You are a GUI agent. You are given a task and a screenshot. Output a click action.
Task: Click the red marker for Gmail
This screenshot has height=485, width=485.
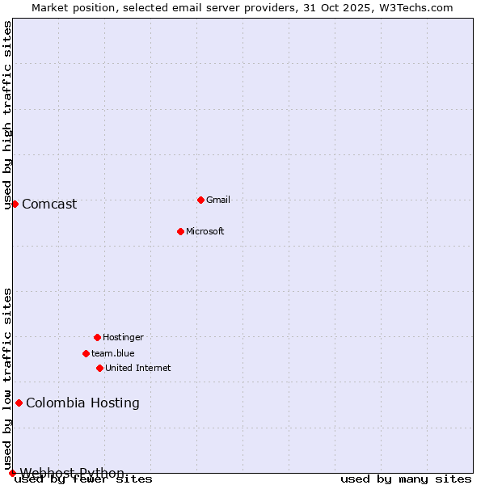(x=200, y=200)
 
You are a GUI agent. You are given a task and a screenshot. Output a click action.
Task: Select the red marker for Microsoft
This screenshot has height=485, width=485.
(x=180, y=231)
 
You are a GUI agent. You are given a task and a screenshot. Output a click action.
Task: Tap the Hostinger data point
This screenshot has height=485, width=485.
(x=97, y=337)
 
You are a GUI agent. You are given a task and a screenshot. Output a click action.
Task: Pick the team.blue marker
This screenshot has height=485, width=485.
(x=86, y=353)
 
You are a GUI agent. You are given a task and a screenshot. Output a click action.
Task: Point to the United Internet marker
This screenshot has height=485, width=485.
(x=99, y=368)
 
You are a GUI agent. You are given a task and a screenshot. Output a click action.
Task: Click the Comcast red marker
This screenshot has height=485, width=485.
(x=15, y=204)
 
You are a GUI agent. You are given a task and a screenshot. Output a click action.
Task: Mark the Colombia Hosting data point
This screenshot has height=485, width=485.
(x=19, y=403)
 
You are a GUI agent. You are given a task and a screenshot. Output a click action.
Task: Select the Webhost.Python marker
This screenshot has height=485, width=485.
(x=12, y=473)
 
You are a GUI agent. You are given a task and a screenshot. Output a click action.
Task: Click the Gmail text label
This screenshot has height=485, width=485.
(x=218, y=200)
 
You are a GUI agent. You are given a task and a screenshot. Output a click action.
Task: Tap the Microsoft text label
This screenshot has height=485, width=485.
(x=205, y=231)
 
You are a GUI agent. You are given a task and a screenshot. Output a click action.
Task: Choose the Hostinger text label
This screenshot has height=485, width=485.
(x=123, y=337)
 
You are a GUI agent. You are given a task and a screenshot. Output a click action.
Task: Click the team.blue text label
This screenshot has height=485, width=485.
(x=113, y=353)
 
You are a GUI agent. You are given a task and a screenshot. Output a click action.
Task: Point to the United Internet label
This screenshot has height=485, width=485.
(x=138, y=368)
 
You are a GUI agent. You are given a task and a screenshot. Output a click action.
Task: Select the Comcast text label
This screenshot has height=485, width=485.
(x=49, y=204)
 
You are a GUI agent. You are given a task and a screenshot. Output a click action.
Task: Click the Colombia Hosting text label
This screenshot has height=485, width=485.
(x=82, y=403)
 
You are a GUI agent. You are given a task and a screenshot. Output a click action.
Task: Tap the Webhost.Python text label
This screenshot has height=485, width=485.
(x=72, y=473)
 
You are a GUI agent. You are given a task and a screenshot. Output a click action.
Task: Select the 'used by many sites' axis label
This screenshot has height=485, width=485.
(x=406, y=479)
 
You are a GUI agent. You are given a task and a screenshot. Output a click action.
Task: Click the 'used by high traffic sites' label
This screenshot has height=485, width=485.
(x=7, y=115)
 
